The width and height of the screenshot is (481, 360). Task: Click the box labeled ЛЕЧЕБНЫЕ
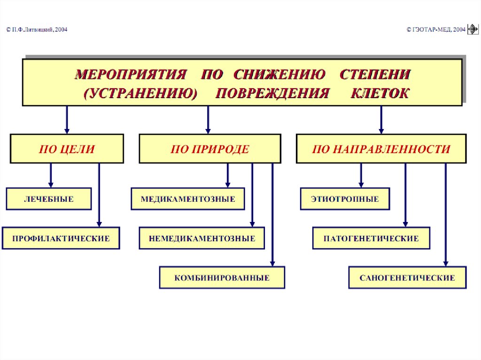(49, 199)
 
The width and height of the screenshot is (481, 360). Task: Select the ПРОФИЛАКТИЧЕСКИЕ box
(61, 238)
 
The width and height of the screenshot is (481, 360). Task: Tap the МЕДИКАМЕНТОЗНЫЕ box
(188, 199)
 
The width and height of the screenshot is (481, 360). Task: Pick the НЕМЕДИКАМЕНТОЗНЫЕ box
(202, 238)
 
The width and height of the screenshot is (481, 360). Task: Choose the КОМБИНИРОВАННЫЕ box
(222, 278)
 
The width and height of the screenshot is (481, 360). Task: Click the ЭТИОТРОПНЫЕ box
(345, 199)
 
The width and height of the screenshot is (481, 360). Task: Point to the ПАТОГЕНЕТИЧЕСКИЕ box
(371, 238)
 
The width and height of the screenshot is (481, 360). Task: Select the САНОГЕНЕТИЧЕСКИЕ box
(407, 278)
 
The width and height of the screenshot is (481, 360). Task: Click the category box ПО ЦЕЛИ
(67, 149)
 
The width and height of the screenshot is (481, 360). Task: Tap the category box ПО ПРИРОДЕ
(209, 149)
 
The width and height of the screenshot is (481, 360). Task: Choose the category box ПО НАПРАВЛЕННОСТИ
(381, 149)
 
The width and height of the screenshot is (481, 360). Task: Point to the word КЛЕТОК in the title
(380, 93)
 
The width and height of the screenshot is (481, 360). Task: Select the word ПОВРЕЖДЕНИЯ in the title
(272, 93)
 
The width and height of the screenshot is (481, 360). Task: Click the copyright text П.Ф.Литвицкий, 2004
(37, 30)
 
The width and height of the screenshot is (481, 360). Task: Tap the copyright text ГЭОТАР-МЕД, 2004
(436, 30)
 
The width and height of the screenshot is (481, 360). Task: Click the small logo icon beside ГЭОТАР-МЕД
(472, 30)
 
